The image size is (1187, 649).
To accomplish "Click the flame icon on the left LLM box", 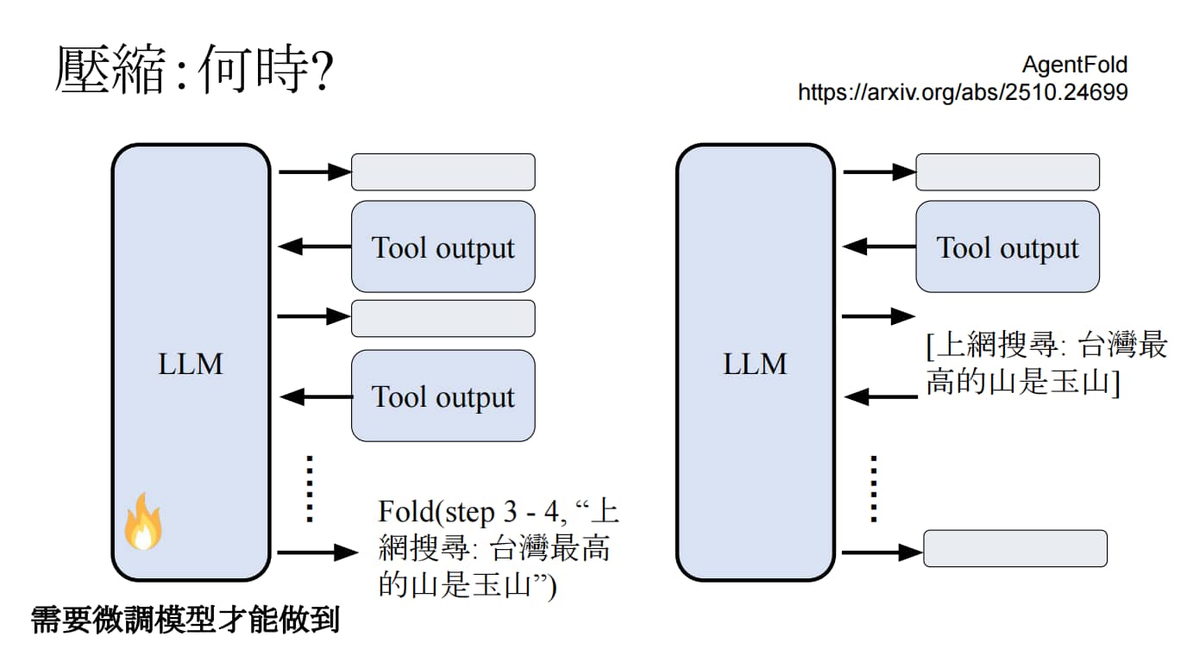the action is pos(142,522).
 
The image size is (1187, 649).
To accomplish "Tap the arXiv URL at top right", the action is pos(963,92).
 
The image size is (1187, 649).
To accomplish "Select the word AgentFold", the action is pos(1075,65).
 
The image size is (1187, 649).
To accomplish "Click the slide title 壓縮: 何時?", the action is pos(194,69).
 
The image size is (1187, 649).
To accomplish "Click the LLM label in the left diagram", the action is pos(191,364).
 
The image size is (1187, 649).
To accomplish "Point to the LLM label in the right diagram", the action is pos(755,364).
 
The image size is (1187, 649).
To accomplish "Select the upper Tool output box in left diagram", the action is pos(443,246).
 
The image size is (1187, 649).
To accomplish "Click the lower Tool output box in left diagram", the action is pos(443,396).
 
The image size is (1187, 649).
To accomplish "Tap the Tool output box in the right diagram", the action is pos(1008,246).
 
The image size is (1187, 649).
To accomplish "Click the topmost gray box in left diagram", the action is pos(443,172).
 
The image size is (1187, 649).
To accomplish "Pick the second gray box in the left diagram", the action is pos(443,319).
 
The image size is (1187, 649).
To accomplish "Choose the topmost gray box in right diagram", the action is pos(1008,172).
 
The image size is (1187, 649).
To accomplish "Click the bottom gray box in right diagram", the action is pos(1015,548).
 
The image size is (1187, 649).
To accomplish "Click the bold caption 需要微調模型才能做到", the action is pos(185,620).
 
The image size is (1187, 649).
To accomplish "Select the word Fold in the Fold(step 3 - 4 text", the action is pos(405,512).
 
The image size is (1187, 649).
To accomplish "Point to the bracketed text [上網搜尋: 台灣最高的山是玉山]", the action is pos(1046,363).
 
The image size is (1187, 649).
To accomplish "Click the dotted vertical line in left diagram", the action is pos(310,489).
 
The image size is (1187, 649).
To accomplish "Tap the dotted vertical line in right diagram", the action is pos(874,489).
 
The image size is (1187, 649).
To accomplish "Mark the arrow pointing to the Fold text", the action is pos(318,552).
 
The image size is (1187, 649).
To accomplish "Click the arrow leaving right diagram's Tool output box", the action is pos(879,246).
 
